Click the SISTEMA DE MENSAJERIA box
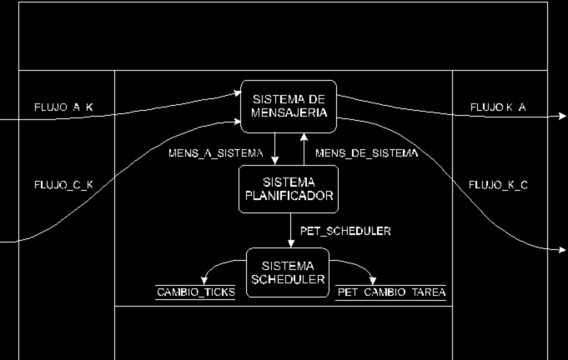point(289,107)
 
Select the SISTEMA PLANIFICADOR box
point(289,189)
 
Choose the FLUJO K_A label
point(498,107)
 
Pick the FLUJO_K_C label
point(498,184)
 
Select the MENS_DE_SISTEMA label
point(366,154)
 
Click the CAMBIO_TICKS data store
point(196,292)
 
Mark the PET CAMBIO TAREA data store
point(391,292)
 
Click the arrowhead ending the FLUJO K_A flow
point(563,117)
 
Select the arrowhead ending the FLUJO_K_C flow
point(563,249)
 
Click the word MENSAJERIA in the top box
point(289,114)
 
